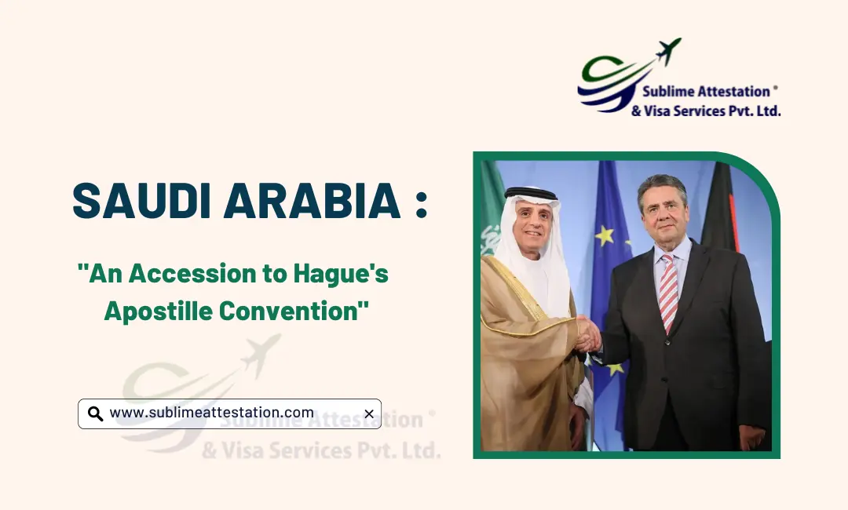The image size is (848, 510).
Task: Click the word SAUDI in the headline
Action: tap(141, 201)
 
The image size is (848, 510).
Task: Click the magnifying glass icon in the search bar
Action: tap(95, 413)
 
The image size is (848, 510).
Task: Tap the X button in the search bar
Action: tap(368, 413)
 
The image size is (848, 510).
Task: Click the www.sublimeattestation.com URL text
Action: tap(211, 413)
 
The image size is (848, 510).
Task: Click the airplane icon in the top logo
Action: tap(669, 51)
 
